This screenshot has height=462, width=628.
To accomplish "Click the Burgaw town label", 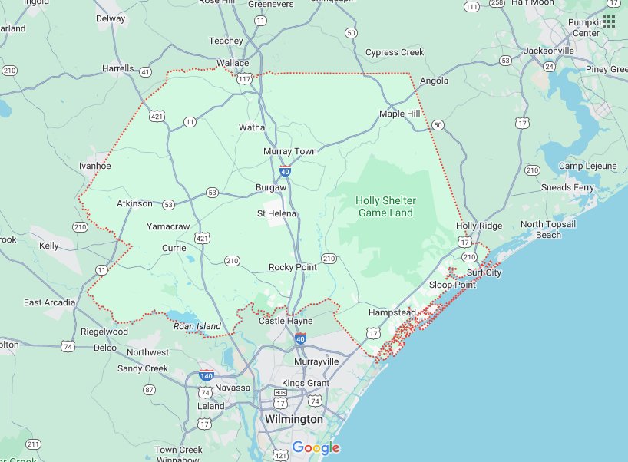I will coord(270,187).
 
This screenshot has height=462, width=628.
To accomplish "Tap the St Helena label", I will coord(276,213).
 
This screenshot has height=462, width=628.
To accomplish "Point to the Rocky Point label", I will coord(293,267).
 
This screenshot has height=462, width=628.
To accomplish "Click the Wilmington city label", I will coord(293,420).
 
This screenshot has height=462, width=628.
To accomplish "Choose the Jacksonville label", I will coord(548,51).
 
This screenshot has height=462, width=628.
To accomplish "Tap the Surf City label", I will coord(484,272).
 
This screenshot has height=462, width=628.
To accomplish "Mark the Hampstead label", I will coord(392,313).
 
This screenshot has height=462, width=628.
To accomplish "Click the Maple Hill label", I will coord(400,114).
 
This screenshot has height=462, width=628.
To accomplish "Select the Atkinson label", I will coord(134,203).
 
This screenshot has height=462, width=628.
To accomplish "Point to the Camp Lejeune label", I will coord(587,166).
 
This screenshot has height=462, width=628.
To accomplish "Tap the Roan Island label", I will coord(197,326).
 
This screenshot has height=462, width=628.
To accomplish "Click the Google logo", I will coord(316,448).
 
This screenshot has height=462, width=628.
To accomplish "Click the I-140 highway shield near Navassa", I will coord(206,376).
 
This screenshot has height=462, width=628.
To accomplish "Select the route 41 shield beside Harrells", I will coord(145,71).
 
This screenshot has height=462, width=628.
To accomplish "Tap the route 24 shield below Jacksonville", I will coord(549,67).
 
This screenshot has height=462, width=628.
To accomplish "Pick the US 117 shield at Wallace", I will coord(245,78).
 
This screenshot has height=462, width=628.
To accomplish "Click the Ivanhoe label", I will coord(95,166).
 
